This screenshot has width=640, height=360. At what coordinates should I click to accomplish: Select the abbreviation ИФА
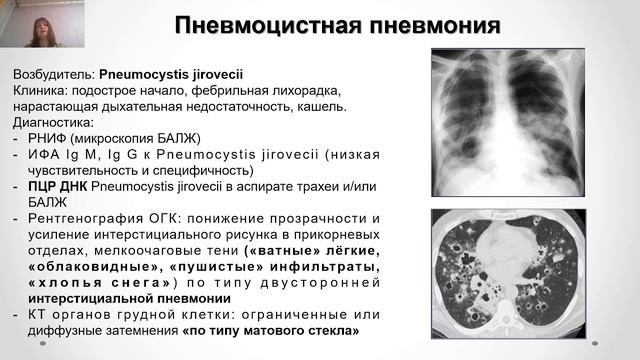pos(43,154)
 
